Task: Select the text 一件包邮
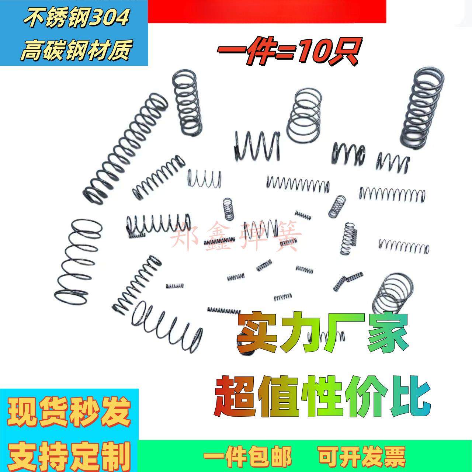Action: (x=248, y=456)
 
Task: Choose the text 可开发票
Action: (x=362, y=456)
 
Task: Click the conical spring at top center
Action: (x=303, y=117)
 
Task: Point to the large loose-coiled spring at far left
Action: (x=78, y=259)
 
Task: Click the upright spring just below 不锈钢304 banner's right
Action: (x=187, y=104)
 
